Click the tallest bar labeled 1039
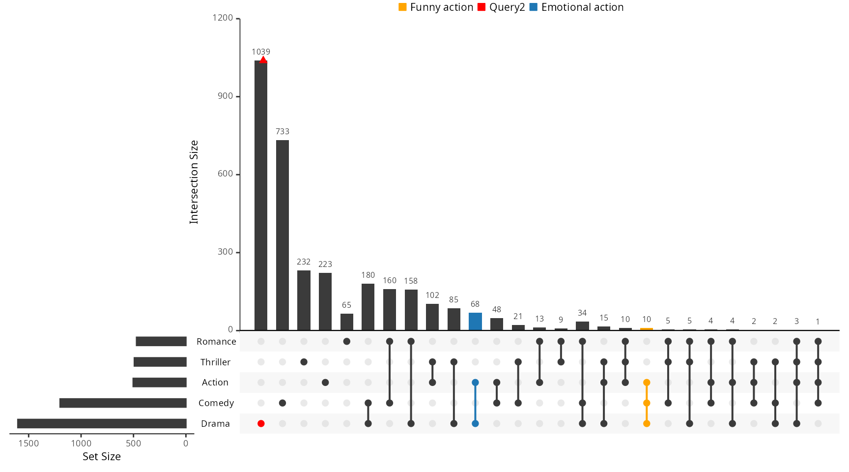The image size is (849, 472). [261, 197]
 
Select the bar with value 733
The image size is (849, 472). [283, 236]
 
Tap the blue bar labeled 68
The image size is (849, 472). [475, 322]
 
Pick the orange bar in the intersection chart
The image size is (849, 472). [647, 329]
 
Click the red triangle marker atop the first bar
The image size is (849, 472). [263, 60]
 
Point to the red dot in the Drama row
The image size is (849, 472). [261, 423]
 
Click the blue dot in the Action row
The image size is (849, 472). [475, 383]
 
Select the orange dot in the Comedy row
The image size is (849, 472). [647, 403]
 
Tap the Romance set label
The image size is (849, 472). [216, 341]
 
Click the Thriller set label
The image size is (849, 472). [215, 362]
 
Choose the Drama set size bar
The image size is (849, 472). [102, 423]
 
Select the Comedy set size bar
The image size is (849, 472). [123, 403]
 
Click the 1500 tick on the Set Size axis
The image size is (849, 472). [28, 443]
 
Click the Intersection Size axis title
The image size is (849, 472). [194, 182]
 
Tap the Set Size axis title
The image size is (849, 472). [102, 456]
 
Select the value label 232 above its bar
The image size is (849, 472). [304, 262]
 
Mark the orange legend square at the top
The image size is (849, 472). [402, 7]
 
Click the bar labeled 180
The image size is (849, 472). [368, 307]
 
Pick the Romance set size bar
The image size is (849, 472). [161, 341]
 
